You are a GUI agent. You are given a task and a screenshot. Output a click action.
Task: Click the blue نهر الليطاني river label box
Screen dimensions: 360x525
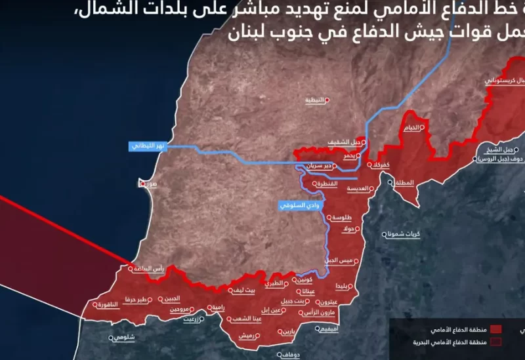coord(149,146)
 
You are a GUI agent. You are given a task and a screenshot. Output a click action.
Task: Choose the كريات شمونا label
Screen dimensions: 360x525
coord(403,233)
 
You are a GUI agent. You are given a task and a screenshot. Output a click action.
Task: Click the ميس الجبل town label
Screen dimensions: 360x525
coord(340,260)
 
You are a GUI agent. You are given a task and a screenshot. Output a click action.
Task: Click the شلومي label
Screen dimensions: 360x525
coord(122,337)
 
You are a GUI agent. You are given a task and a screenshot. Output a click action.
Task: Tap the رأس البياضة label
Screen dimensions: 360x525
coord(148,268)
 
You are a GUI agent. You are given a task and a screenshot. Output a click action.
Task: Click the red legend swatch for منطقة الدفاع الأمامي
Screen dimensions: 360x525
coord(496,329)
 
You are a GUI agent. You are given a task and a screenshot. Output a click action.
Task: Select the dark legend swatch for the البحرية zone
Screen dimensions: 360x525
coord(496,342)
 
